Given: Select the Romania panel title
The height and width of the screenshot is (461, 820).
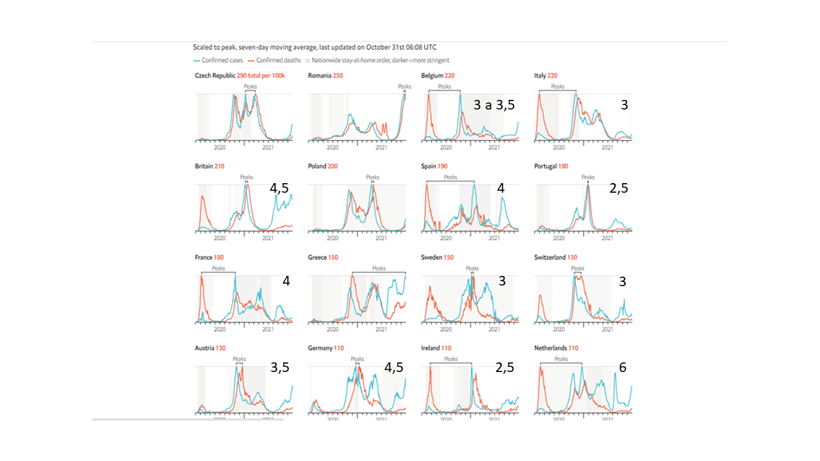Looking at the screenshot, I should coord(320,76).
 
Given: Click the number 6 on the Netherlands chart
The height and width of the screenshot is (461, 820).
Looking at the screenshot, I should coord(622,368).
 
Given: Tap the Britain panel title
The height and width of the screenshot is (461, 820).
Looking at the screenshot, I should coord(204,166).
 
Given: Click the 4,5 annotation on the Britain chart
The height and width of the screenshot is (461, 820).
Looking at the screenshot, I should coord(279,189).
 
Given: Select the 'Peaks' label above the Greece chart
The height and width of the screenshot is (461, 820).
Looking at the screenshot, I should coord(379,268).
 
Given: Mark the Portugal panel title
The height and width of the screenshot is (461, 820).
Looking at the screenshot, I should coord(550,166).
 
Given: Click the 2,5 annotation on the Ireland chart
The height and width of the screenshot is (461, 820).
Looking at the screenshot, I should coord(504,368).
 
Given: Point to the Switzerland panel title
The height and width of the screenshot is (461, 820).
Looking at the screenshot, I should coord(553,257).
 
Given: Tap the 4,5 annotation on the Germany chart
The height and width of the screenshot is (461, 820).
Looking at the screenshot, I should coord(393,368).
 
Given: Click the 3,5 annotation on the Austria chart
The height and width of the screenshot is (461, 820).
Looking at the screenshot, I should coord(280,368).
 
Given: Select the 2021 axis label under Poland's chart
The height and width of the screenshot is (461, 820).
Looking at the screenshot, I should coord(381,238).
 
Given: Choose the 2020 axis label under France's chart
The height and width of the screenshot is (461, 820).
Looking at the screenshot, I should coord(220,329).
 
